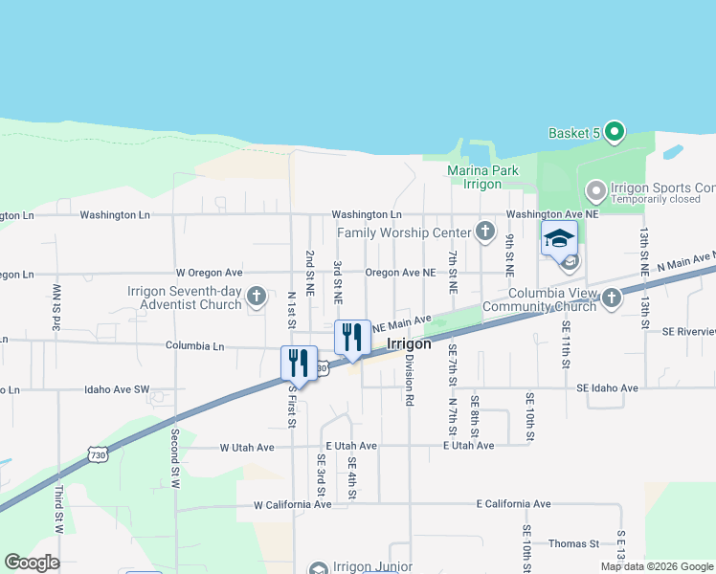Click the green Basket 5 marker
point(615,133)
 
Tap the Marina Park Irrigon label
point(482,177)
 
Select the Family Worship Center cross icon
point(485,232)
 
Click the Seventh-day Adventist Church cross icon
point(256,297)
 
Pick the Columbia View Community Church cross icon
point(612,298)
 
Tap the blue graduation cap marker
point(559,239)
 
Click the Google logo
point(32,563)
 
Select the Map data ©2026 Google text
point(656,566)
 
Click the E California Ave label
point(514,503)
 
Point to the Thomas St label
point(573,543)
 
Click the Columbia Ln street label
point(194,345)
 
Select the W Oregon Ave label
point(209,273)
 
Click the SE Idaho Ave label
point(607,388)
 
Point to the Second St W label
point(175,459)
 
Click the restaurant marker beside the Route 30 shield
point(299,363)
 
